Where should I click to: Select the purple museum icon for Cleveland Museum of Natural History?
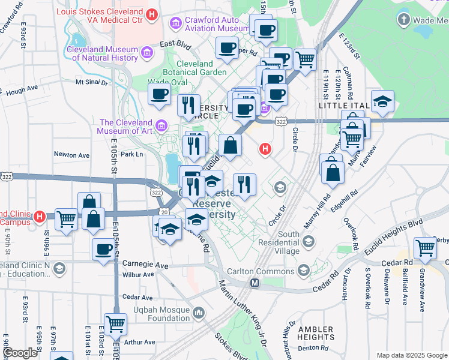(146, 54)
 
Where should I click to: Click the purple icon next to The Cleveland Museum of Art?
(160, 126)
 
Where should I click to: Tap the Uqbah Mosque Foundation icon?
(199, 313)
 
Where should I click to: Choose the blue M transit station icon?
(255, 283)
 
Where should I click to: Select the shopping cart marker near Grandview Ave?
(425, 247)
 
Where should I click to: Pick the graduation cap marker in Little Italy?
(382, 101)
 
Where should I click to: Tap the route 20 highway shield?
(164, 212)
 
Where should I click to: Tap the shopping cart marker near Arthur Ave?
(115, 324)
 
